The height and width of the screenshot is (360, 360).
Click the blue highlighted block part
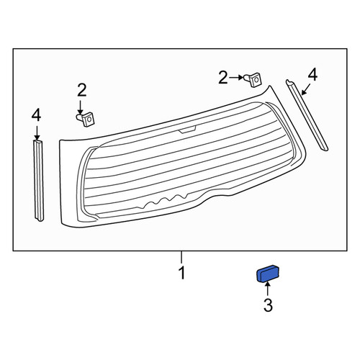pos(268,274)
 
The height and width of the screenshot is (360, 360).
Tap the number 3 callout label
pos(268,305)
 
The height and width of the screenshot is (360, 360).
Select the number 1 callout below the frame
pos(181,273)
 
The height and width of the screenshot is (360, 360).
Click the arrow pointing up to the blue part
pos(268,289)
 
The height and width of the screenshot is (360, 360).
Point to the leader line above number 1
pos(181,257)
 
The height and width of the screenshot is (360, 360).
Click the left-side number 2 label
pos(81,90)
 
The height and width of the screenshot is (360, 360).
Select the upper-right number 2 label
pos(223,78)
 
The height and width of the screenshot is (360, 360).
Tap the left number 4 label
pos(36,115)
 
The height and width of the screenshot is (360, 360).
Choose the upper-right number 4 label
pos(312,74)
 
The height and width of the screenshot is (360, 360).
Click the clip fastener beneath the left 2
pos(86,119)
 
